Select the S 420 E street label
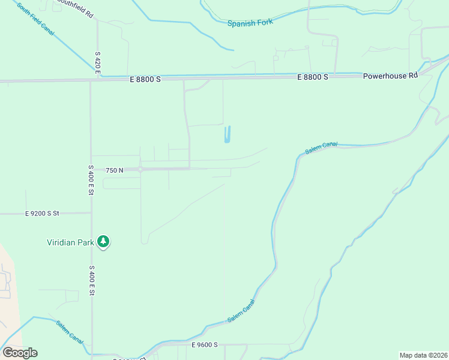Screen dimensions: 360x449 coord(97,63)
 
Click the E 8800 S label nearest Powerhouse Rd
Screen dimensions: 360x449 coord(313,77)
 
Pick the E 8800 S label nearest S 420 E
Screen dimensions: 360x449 coord(145,79)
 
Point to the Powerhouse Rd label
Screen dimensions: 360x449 coord(390,76)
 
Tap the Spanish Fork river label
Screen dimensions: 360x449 coord(250,22)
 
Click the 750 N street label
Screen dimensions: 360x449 coord(114,170)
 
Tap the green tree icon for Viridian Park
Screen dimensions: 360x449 coord(104,242)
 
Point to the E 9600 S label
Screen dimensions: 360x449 coord(204,345)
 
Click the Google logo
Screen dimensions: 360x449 coord(20,353)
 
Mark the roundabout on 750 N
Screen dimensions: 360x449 coord(140,170)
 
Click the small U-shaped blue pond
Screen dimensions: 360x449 coord(227,134)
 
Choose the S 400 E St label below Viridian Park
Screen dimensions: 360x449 coord(92,280)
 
